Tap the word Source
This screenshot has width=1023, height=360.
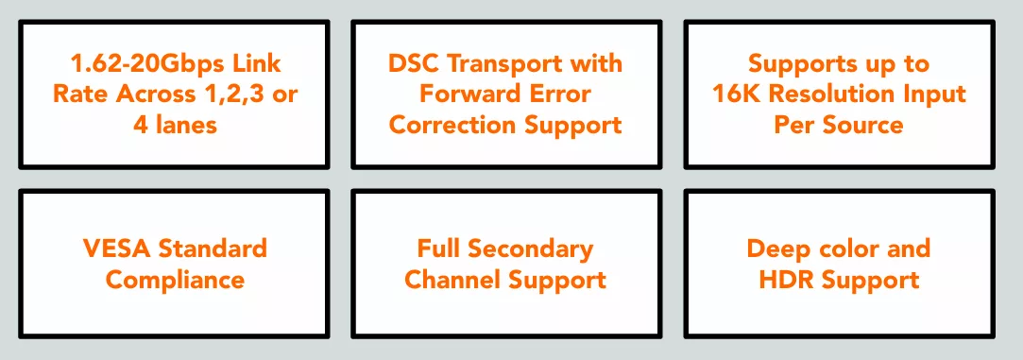861,125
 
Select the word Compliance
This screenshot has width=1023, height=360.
176,281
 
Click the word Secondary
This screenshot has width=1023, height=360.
531,249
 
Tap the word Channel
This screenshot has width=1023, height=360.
452,280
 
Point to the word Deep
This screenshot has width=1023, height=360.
777,249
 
